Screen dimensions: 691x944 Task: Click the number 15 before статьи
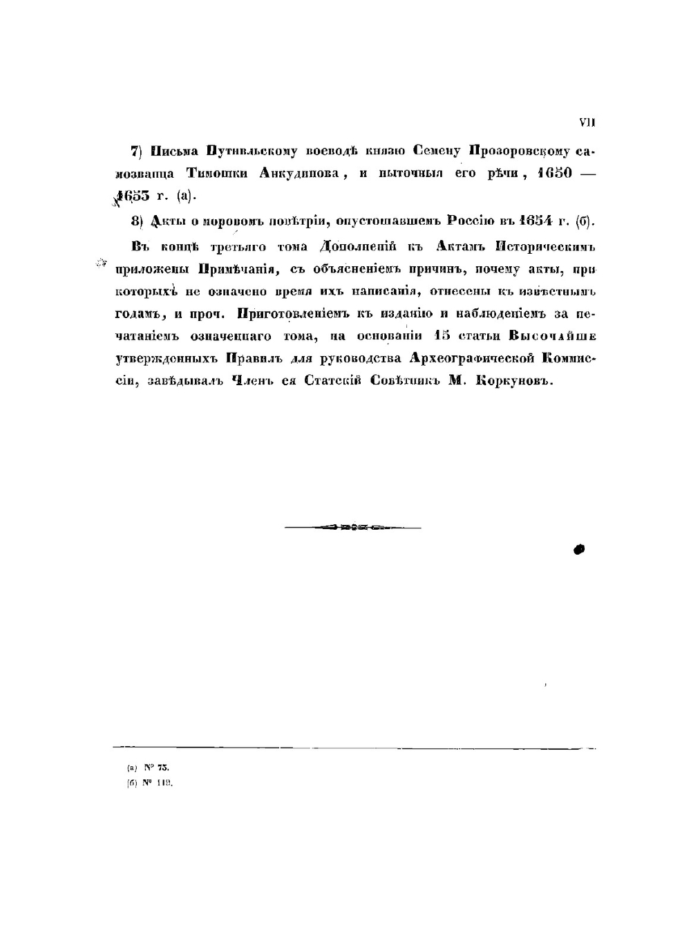[x=439, y=337]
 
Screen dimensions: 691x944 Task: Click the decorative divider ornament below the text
[x=353, y=528]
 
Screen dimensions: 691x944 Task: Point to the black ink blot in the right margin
[x=579, y=549]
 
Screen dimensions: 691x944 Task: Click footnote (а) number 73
[x=163, y=768]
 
